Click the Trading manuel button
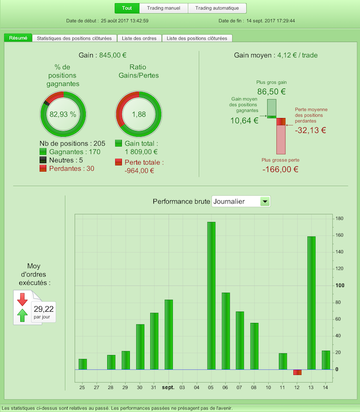pos(163,8)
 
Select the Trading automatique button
pos(217,8)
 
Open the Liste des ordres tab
pos(139,38)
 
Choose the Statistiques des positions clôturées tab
pos(75,38)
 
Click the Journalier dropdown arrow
pos(265,201)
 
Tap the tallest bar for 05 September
pos(211,295)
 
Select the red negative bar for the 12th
pos(297,372)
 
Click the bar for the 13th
pos(312,303)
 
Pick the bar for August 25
pos(83,364)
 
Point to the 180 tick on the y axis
pos(339,218)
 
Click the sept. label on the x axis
pos(168,387)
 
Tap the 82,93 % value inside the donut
pos(63,114)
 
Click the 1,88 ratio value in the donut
pos(139,114)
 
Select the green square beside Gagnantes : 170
pos(43,152)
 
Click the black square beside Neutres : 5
pos(43,160)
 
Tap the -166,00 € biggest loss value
pos(280,170)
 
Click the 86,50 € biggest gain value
pos(271,91)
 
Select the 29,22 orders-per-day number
pos(43,308)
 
